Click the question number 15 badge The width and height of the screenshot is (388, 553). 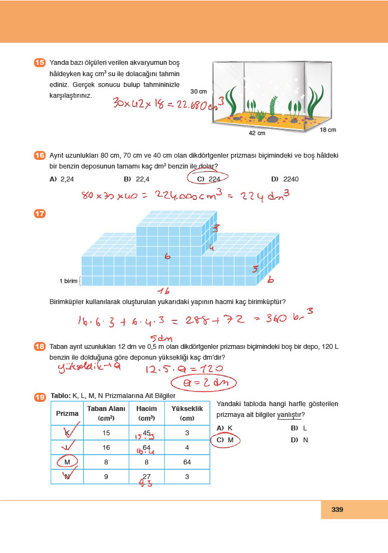[x=40, y=63]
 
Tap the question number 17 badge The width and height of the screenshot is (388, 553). [x=40, y=214]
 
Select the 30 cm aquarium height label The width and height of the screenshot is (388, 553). [x=199, y=91]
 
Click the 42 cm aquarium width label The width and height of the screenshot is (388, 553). [x=257, y=133]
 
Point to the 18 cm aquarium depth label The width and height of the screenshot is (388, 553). [x=327, y=130]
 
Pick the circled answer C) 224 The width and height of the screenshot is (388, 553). [x=209, y=179]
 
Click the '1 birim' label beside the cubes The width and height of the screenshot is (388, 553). [x=69, y=281]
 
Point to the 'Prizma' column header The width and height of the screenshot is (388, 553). [x=67, y=413]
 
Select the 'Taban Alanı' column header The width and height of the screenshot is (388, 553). [x=106, y=413]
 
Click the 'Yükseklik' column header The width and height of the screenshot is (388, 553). [x=187, y=413]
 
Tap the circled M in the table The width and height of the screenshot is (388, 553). [x=67, y=462]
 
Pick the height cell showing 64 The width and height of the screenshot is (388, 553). [x=187, y=462]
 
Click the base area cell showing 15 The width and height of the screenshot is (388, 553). [x=106, y=433]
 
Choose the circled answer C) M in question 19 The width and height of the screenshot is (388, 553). [x=224, y=440]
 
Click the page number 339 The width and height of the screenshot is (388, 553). [x=338, y=509]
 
